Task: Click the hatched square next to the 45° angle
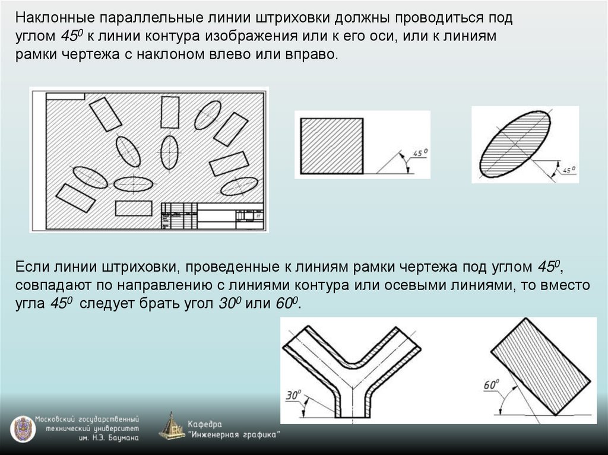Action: click(x=332, y=146)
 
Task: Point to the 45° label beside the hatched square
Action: click(x=420, y=152)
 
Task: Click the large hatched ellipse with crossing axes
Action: click(x=515, y=144)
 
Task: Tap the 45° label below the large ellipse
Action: click(x=569, y=170)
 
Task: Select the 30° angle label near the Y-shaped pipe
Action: click(x=293, y=395)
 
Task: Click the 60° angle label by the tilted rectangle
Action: click(x=491, y=384)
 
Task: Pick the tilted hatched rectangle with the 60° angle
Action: click(x=540, y=367)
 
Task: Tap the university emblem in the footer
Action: click(x=23, y=429)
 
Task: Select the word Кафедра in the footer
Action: click(x=205, y=424)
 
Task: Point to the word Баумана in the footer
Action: click(x=123, y=438)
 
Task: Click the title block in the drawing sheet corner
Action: click(x=213, y=216)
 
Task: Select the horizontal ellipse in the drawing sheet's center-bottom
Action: click(x=133, y=184)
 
